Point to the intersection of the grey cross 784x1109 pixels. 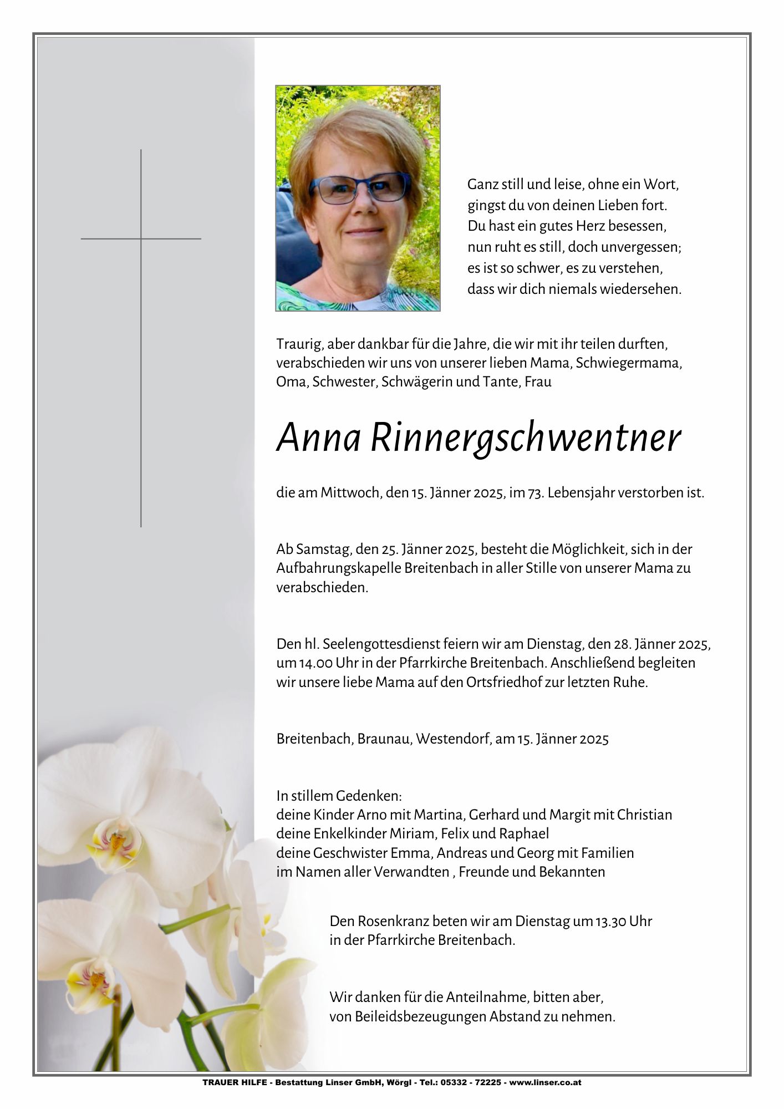(x=141, y=238)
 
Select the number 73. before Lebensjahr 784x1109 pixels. (x=536, y=492)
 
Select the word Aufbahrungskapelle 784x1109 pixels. (x=338, y=568)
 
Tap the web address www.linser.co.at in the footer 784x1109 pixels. (x=546, y=1082)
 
